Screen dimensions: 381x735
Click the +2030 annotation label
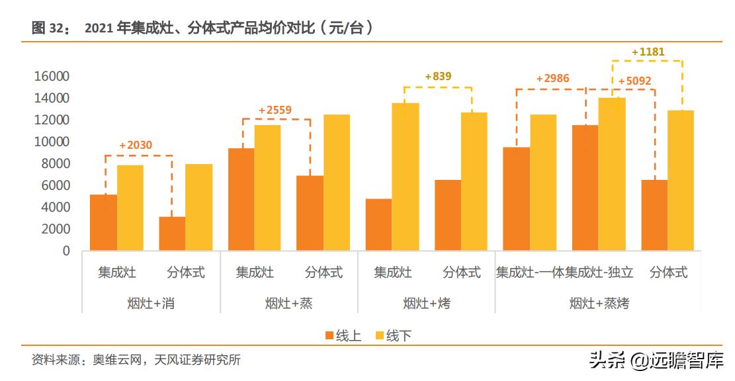click(x=136, y=146)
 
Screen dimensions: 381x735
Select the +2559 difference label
click(x=275, y=110)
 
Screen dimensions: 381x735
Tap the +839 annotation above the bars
click(x=438, y=77)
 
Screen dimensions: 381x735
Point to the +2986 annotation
click(x=552, y=79)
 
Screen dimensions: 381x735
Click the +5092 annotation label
click(x=634, y=81)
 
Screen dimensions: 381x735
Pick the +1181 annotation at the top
click(x=648, y=52)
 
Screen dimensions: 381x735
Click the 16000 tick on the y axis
click(x=52, y=77)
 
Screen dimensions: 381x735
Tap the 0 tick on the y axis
click(x=65, y=251)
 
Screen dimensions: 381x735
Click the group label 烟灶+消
click(x=151, y=304)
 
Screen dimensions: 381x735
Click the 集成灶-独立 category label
click(x=599, y=273)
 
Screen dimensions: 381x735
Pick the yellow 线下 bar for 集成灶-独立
click(x=612, y=174)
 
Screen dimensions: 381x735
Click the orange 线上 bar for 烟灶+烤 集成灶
click(x=378, y=225)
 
